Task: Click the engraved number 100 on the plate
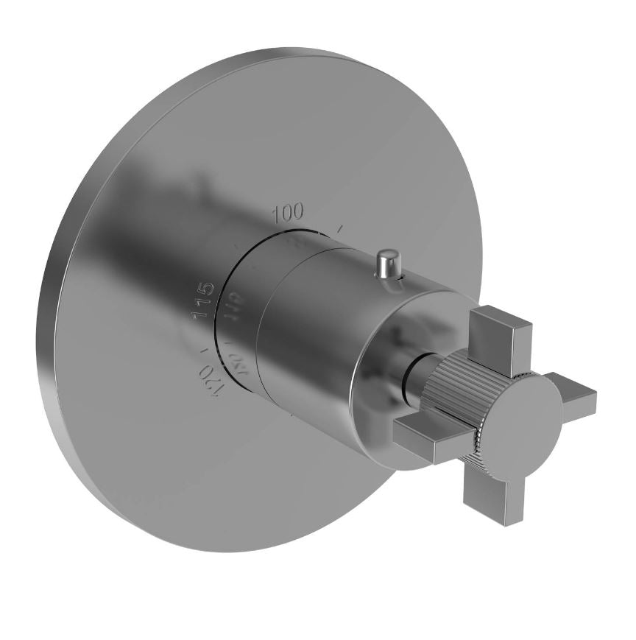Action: point(288,214)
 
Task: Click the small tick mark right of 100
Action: point(339,230)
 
